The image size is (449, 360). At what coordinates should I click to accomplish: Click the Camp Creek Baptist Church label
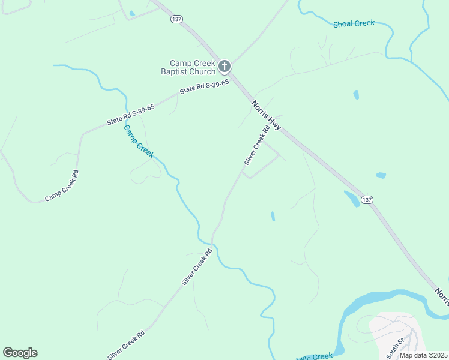pyautogui.click(x=192, y=67)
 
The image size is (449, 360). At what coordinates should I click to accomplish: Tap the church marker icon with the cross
pyautogui.click(x=224, y=66)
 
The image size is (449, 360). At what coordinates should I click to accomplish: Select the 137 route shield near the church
pyautogui.click(x=176, y=19)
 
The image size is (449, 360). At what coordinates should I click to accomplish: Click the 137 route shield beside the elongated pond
pyautogui.click(x=367, y=199)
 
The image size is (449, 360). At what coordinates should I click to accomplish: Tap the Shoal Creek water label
pyautogui.click(x=354, y=23)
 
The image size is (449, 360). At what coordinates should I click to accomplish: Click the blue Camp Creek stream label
pyautogui.click(x=139, y=142)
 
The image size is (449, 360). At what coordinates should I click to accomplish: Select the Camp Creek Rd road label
pyautogui.click(x=62, y=186)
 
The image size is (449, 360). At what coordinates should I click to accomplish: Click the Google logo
pyautogui.click(x=20, y=352)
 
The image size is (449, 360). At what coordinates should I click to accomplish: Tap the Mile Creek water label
pyautogui.click(x=314, y=356)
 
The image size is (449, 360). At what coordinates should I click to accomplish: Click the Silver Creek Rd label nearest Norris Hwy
pyautogui.click(x=257, y=146)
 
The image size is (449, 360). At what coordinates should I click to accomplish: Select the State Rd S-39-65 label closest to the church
pyautogui.click(x=204, y=88)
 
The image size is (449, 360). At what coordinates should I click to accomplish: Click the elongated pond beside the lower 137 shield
pyautogui.click(x=352, y=199)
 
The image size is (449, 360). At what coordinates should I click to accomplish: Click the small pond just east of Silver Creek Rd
pyautogui.click(x=273, y=216)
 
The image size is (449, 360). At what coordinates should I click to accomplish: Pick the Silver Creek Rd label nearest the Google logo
pyautogui.click(x=125, y=344)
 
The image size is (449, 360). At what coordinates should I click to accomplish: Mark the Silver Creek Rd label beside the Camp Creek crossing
pyautogui.click(x=197, y=266)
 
